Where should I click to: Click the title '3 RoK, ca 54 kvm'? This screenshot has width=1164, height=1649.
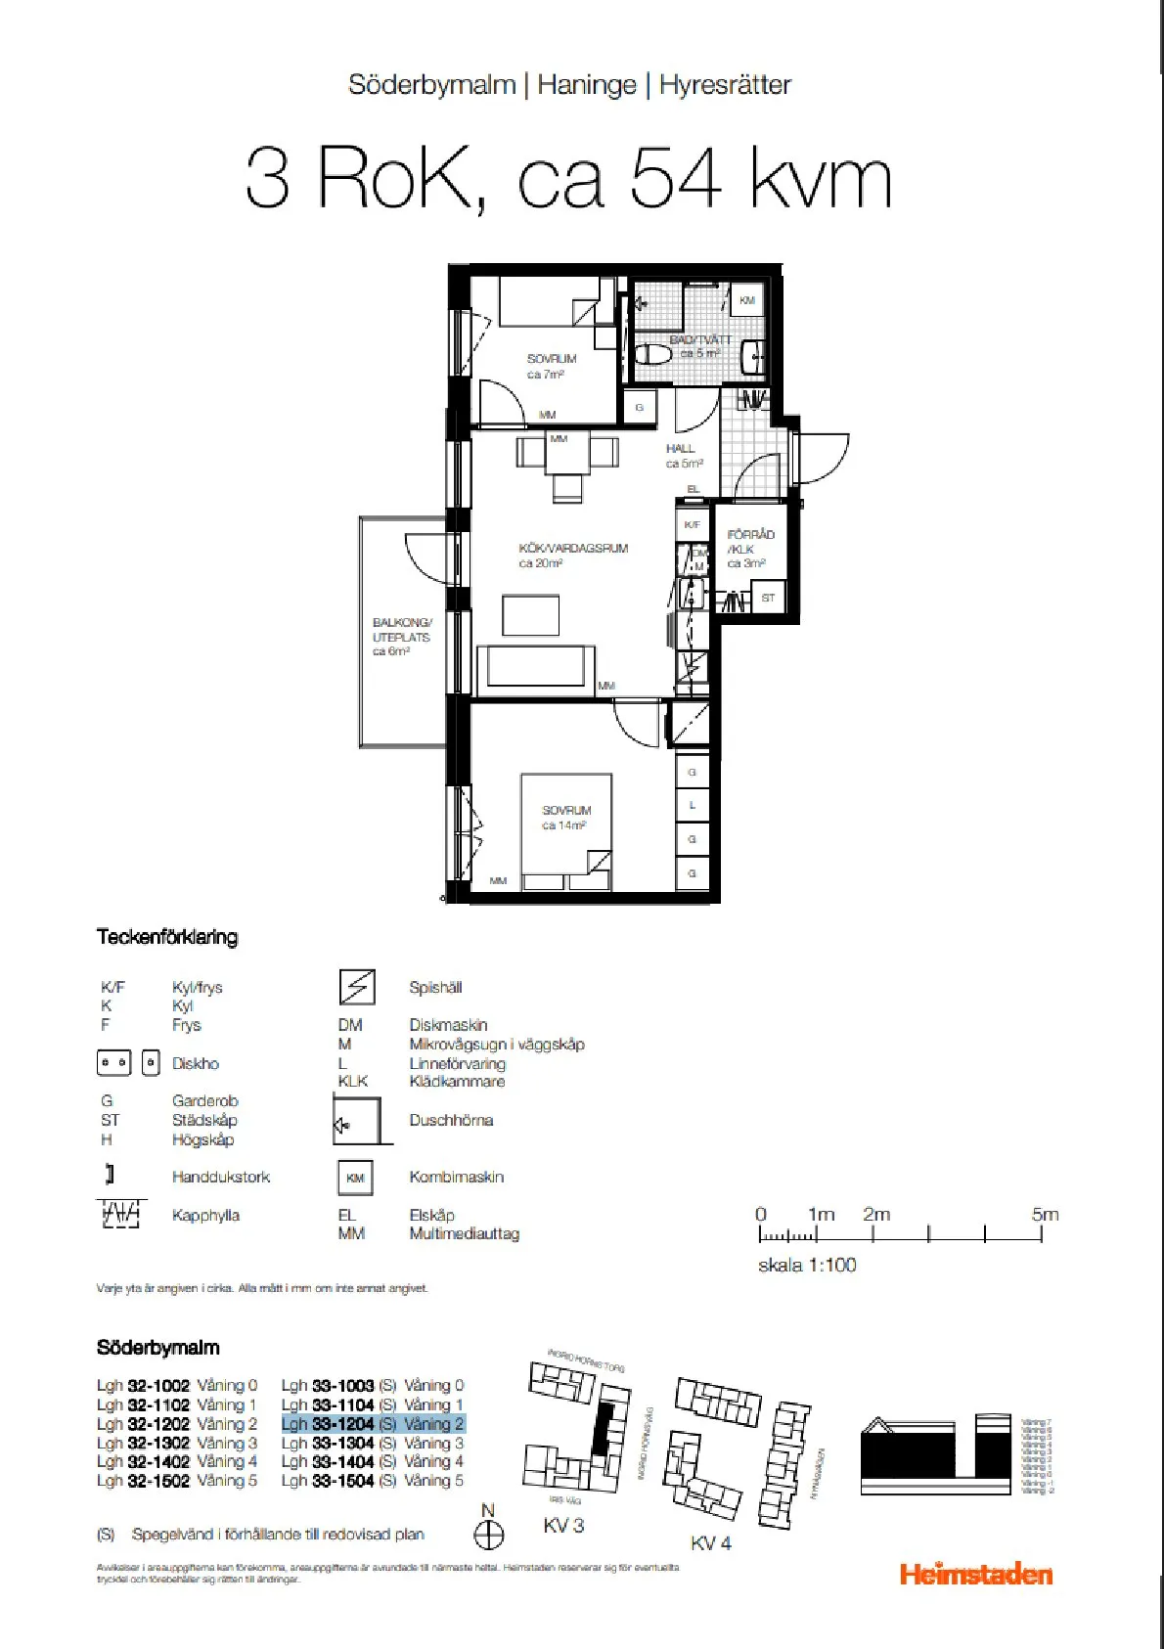click(568, 178)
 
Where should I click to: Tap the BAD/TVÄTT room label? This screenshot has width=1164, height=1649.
click(699, 346)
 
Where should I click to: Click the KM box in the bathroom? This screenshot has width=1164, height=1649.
click(746, 300)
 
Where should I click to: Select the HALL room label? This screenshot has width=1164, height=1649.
click(683, 456)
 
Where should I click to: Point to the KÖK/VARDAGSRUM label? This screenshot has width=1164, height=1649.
click(572, 556)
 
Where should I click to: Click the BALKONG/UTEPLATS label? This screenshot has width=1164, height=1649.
click(400, 637)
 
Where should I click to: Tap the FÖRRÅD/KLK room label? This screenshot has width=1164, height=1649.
click(749, 549)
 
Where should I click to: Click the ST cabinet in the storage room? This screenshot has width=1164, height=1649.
click(768, 597)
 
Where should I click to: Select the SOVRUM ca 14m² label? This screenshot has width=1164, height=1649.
click(566, 818)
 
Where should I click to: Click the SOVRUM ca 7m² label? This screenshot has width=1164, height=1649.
click(551, 366)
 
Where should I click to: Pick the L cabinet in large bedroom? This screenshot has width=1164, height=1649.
click(693, 805)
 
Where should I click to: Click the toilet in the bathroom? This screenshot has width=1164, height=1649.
click(652, 353)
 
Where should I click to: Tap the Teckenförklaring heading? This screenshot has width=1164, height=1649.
click(166, 937)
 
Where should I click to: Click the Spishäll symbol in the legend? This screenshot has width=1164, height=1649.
click(357, 987)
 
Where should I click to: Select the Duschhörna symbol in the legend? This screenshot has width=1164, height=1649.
click(358, 1121)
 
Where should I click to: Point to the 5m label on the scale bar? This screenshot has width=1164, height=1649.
click(1044, 1214)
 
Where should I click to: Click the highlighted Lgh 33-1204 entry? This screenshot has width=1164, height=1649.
click(373, 1424)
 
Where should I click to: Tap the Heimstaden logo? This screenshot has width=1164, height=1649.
click(975, 1574)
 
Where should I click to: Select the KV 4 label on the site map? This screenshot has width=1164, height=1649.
click(710, 1542)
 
